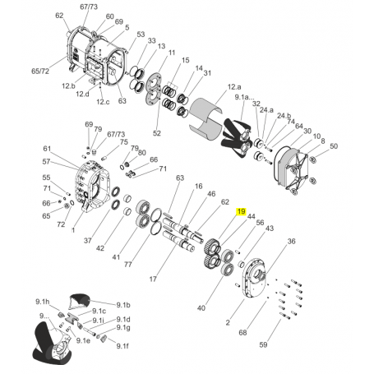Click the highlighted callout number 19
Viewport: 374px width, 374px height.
coord(242,211)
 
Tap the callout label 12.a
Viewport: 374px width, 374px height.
coord(234,87)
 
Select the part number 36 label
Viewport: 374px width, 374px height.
coord(291,241)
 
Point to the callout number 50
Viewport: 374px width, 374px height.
coord(334,146)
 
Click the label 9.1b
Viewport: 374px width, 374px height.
coord(123,305)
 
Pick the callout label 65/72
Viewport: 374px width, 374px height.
coord(40,72)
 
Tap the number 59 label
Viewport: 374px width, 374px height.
coord(263,344)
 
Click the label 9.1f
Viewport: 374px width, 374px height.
coord(122,346)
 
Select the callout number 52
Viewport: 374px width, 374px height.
coord(157,133)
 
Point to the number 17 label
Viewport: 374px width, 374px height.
coord(153,279)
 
